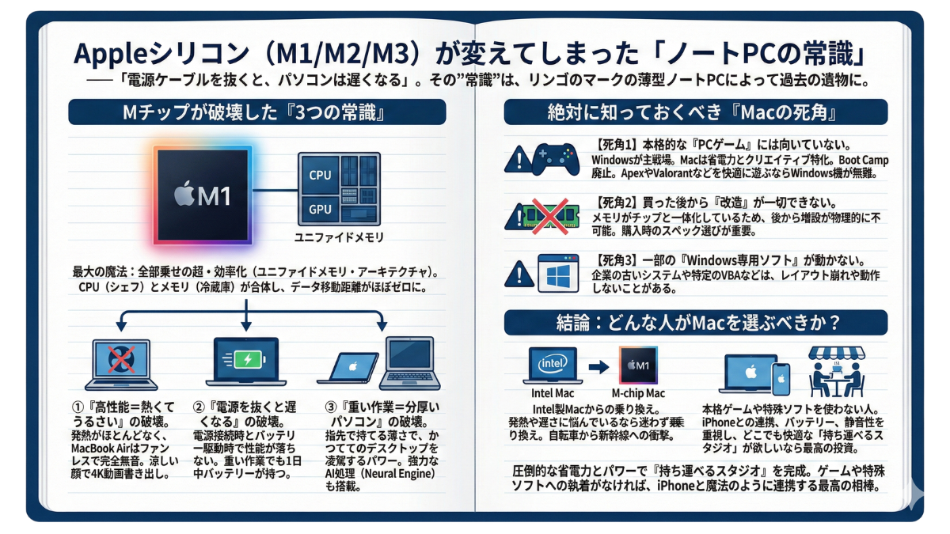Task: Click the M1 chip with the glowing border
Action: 203,193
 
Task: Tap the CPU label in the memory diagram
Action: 320,175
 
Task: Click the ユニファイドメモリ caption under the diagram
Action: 338,237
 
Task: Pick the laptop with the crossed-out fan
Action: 120,362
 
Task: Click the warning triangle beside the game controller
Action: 519,158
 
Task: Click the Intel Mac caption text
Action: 553,393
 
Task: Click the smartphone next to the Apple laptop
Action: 781,378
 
